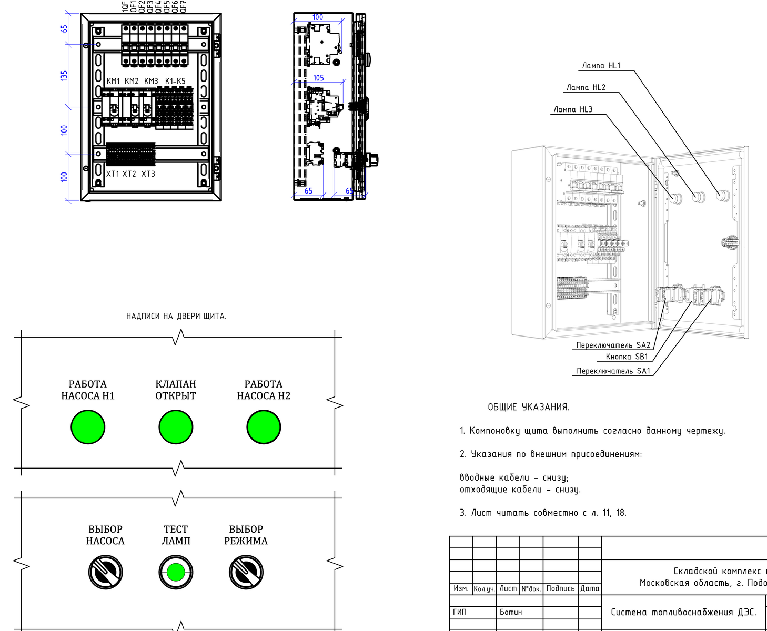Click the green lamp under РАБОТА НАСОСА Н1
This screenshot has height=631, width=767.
click(x=88, y=427)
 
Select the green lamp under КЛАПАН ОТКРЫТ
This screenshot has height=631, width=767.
click(x=176, y=427)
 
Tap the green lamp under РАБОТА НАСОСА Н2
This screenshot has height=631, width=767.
click(x=264, y=427)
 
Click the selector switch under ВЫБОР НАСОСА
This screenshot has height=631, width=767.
click(x=105, y=572)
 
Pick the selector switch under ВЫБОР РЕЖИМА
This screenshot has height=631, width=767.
click(x=246, y=572)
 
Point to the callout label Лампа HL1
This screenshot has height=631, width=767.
click(x=601, y=66)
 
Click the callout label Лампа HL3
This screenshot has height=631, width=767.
click(x=573, y=109)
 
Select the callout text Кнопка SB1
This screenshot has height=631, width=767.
click(x=627, y=357)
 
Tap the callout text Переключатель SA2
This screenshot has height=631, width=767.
click(x=613, y=345)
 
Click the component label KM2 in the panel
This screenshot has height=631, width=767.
click(x=132, y=81)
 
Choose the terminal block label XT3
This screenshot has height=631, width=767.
click(x=148, y=174)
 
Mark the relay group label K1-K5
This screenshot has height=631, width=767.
click(x=175, y=81)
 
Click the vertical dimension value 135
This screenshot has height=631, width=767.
click(x=64, y=76)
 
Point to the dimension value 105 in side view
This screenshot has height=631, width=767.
click(x=318, y=78)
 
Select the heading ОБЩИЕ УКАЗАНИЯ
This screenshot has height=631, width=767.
click(x=528, y=407)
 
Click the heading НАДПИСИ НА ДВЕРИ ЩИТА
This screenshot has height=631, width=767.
click(x=176, y=316)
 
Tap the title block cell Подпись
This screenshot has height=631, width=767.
click(x=560, y=588)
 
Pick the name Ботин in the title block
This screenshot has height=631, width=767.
click(x=511, y=612)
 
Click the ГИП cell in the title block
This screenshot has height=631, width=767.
click(x=460, y=612)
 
